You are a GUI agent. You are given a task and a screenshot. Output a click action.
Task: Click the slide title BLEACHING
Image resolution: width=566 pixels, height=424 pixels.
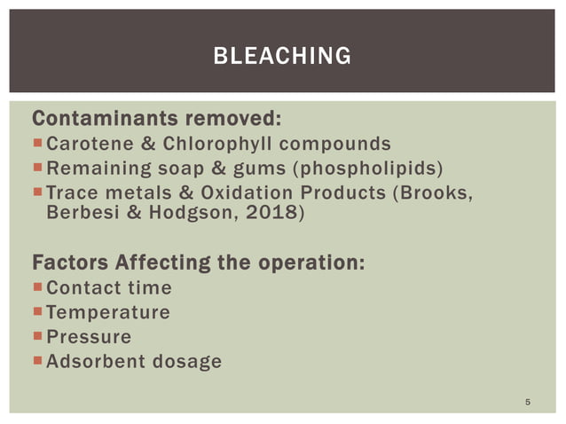(282, 57)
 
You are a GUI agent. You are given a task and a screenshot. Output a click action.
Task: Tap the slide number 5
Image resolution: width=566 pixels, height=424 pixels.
(528, 404)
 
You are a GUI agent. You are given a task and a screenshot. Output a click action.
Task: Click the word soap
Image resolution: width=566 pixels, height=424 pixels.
(179, 169)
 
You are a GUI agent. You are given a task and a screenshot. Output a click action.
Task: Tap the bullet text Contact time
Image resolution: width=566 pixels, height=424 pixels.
(108, 288)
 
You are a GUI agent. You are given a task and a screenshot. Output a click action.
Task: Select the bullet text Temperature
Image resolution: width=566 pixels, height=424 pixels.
(107, 312)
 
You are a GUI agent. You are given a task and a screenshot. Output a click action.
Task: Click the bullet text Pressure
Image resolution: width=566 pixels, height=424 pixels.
(88, 337)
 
